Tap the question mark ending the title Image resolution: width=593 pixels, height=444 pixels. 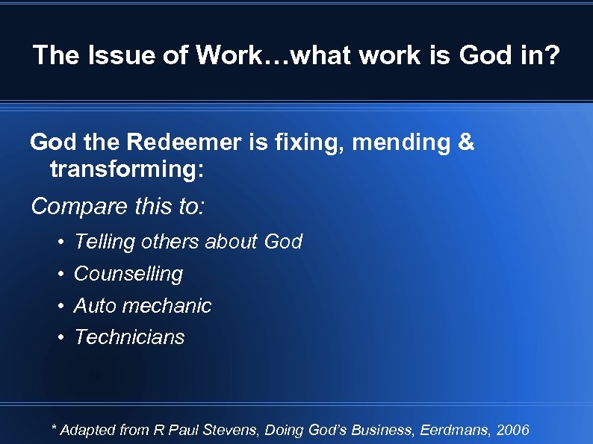pyautogui.click(x=550, y=54)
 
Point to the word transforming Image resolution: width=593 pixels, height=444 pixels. pyautogui.click(x=124, y=169)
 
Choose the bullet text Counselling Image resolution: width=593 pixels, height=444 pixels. pyautogui.click(x=128, y=274)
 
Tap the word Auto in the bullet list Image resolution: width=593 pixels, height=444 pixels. pyautogui.click(x=95, y=305)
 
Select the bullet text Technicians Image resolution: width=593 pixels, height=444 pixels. pyautogui.click(x=129, y=337)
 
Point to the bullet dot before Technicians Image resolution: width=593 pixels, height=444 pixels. pyautogui.click(x=60, y=337)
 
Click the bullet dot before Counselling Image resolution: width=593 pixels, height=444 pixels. pyautogui.click(x=60, y=274)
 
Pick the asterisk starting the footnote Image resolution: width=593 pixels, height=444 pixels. pyautogui.click(x=54, y=428)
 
